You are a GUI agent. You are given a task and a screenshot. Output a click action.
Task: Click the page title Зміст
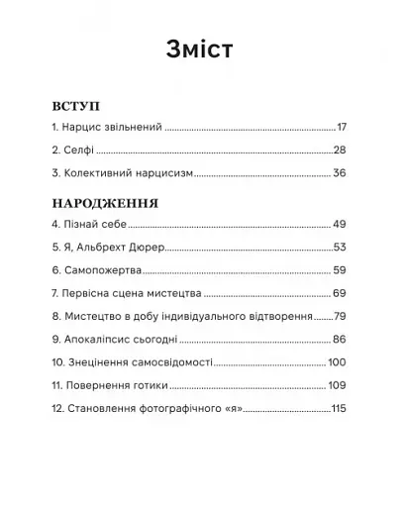[201, 50]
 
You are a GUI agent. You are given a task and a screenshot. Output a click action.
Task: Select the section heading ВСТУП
[73, 104]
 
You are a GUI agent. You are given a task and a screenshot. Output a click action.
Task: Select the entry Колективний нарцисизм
[128, 173]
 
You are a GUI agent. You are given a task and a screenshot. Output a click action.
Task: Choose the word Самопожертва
[108, 270]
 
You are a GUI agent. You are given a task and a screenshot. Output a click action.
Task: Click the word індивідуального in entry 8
[209, 317]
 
